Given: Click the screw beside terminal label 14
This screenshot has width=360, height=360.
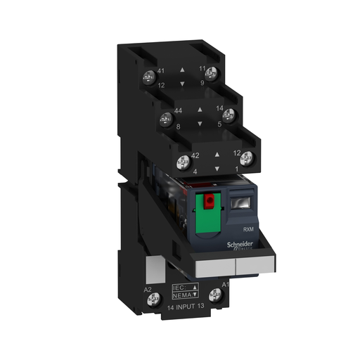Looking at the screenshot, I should [x=227, y=112].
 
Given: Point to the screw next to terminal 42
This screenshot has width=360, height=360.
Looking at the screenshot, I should [x=184, y=160].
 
